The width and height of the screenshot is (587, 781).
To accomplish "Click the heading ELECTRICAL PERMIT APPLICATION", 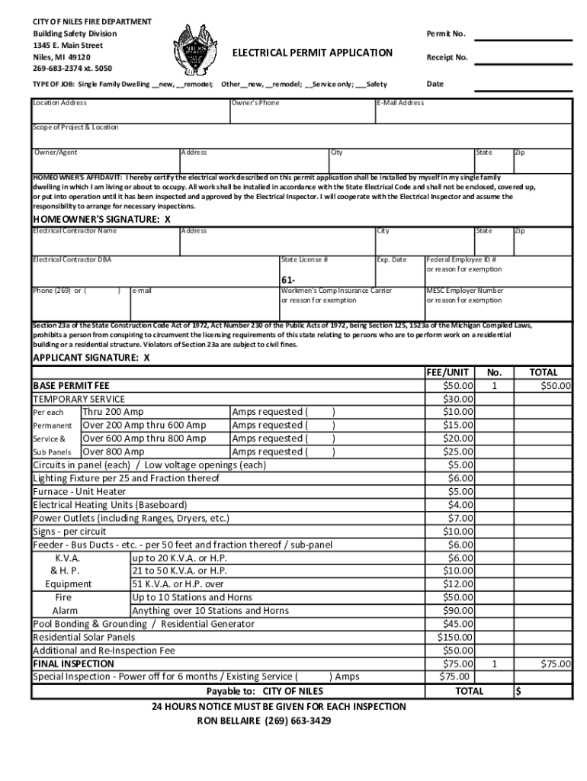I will [x=312, y=53].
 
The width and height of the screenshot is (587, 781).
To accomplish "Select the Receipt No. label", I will [x=447, y=57].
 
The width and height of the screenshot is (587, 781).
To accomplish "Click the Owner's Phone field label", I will [x=255, y=103].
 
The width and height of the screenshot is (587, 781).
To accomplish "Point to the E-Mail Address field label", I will [x=400, y=103].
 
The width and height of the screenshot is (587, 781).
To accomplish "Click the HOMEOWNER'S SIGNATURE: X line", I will [x=101, y=219].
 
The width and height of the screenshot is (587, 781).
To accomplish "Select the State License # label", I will [x=304, y=259].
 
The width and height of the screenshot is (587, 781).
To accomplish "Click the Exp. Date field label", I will [x=392, y=259].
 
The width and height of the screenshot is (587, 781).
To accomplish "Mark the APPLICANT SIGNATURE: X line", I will [x=91, y=357].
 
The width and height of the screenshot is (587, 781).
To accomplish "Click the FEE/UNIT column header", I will [x=447, y=372].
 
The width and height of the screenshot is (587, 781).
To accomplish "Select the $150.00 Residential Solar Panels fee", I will [x=456, y=637].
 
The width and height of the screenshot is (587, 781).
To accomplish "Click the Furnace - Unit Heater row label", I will [x=79, y=491].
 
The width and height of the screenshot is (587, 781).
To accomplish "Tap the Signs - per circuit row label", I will [x=69, y=531].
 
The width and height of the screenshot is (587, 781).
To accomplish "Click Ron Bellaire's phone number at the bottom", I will [x=298, y=720].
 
